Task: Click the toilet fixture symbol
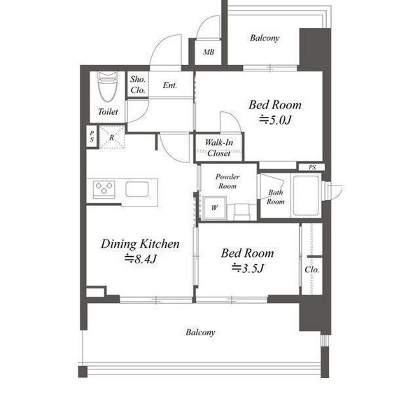(108, 86)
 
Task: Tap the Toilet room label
(108, 111)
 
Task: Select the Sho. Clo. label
(138, 85)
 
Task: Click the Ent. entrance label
(170, 85)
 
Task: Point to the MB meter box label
(209, 52)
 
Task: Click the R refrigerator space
(112, 137)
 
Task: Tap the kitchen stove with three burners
(104, 190)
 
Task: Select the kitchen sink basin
(137, 189)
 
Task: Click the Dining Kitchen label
(140, 244)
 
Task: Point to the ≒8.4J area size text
(141, 259)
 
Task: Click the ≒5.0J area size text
(275, 120)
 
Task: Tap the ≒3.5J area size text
(248, 268)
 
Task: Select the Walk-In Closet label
(219, 148)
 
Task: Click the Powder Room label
(227, 181)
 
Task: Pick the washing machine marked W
(214, 208)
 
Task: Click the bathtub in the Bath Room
(306, 196)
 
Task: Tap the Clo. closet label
(312, 269)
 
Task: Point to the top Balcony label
(265, 38)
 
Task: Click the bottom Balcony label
(200, 332)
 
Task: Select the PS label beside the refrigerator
(92, 136)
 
